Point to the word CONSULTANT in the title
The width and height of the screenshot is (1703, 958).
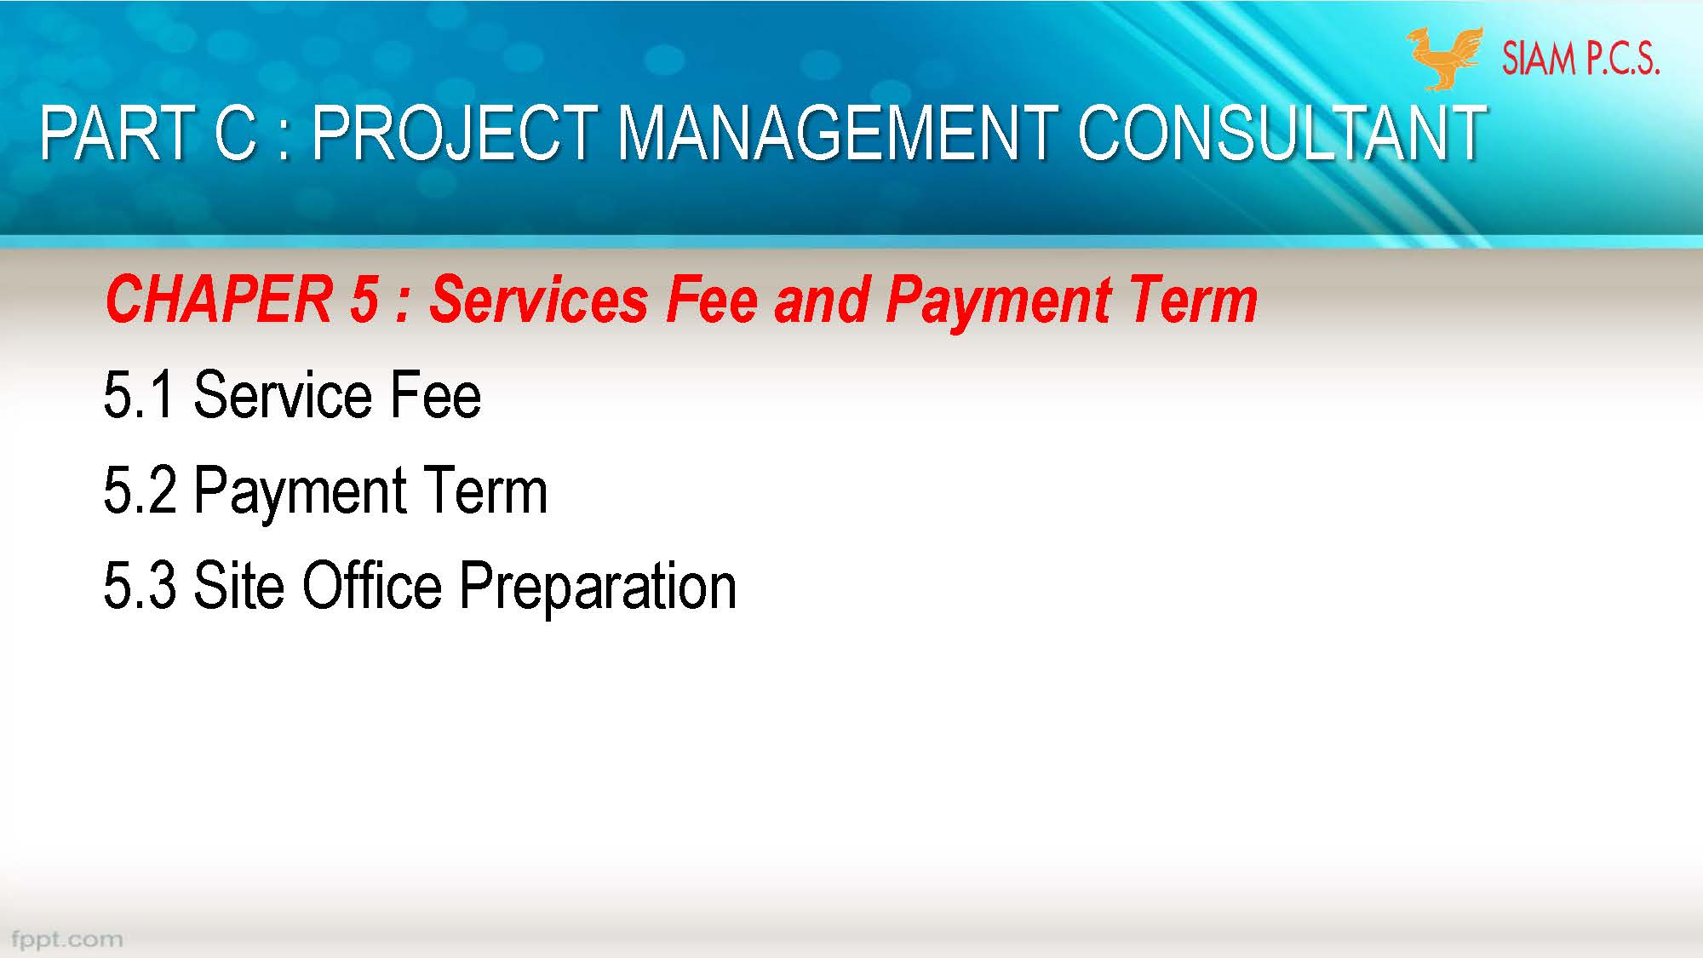point(1281,134)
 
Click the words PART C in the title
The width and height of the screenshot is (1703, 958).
point(148,134)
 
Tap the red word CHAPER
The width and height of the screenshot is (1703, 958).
point(218,300)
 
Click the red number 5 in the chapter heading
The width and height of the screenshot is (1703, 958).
point(364,300)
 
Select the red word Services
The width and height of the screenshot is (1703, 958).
point(538,300)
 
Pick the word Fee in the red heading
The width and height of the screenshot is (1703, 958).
point(711,300)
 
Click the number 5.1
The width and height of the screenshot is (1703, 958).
point(139,396)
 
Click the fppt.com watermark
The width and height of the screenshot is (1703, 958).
point(67,940)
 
